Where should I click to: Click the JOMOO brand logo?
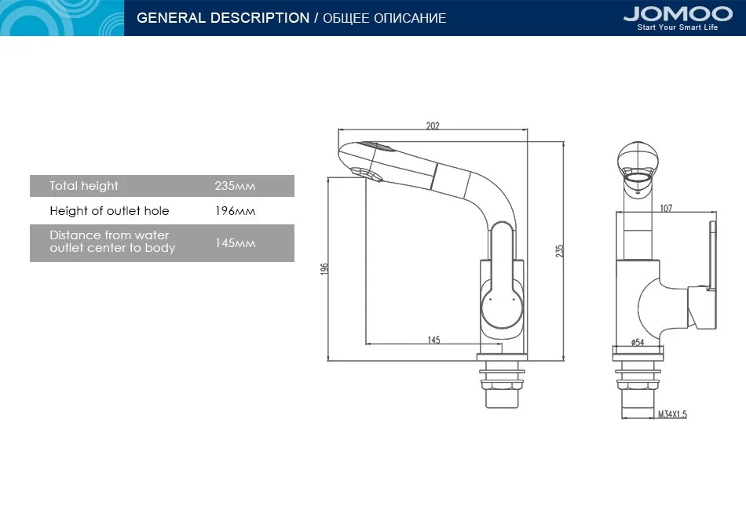click(678, 14)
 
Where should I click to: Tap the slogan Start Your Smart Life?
click(678, 27)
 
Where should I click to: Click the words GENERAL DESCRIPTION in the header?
click(223, 18)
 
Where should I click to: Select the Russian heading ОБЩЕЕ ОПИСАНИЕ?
click(385, 19)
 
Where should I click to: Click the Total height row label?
click(84, 186)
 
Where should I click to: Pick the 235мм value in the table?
click(235, 186)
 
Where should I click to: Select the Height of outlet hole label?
click(109, 211)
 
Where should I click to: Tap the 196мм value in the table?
click(235, 211)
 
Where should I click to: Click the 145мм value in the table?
click(235, 243)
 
